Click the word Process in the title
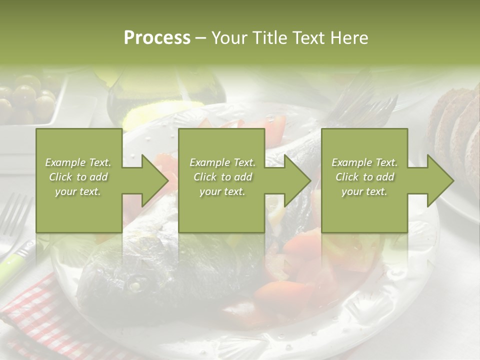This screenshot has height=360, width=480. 157,37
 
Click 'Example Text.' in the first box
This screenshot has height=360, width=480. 78,162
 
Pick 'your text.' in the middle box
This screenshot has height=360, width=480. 222,191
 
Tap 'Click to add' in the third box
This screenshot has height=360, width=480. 364,177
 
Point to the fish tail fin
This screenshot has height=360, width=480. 360,105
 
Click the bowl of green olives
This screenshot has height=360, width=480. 30,100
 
